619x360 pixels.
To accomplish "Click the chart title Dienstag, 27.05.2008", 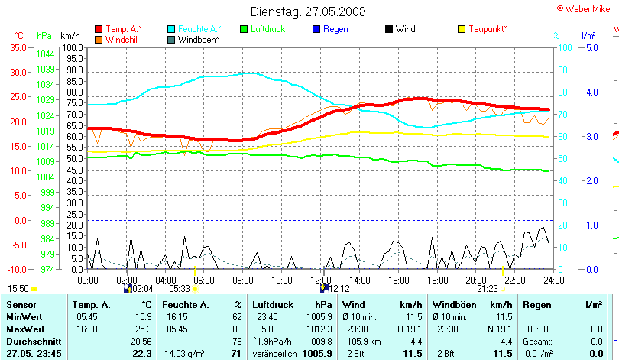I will point(309,11).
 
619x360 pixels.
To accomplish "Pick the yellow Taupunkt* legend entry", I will point(487,29).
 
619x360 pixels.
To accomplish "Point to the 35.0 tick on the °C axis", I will point(17,47).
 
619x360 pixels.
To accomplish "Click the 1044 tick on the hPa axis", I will point(45,54).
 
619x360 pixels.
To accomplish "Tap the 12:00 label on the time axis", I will point(322,279).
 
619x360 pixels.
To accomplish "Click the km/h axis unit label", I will point(70,35).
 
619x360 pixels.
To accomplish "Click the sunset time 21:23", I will point(487,289).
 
